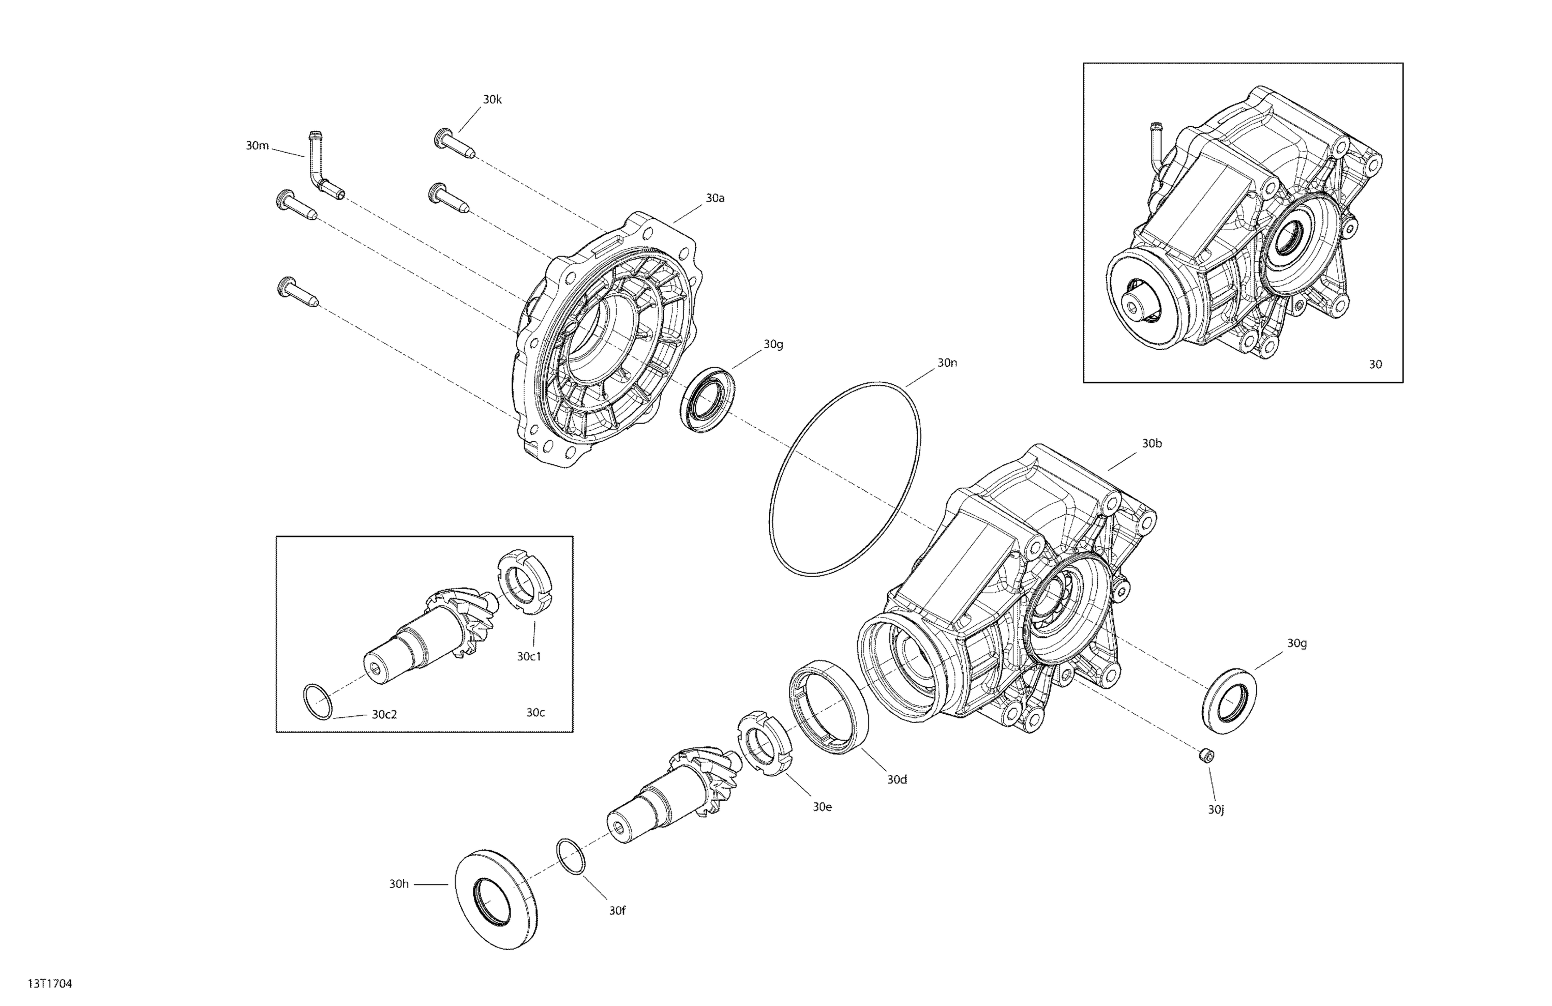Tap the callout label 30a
(715, 198)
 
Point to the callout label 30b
(1151, 443)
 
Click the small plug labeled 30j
(1207, 755)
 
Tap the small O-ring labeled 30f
(571, 856)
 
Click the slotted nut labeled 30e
(764, 744)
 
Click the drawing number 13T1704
(50, 984)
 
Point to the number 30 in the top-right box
(1375, 365)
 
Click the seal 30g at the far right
(1229, 700)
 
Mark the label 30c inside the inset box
(535, 713)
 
